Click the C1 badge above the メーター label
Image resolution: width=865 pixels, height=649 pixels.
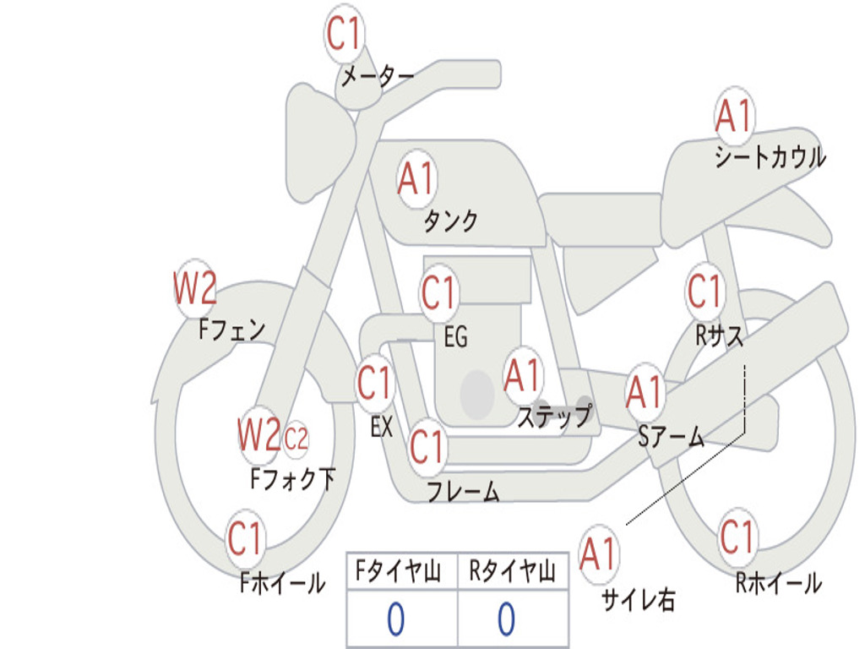[x=344, y=33]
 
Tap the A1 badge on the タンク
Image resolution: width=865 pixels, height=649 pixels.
[x=417, y=179]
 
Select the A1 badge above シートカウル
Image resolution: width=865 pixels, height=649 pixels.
[x=735, y=116]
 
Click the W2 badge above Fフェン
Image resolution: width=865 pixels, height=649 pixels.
[x=195, y=288]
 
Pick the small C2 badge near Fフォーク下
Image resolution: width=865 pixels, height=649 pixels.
[x=296, y=439]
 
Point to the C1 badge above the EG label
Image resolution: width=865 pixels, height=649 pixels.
[x=438, y=292]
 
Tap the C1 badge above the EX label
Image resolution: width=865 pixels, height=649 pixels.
[x=375, y=383]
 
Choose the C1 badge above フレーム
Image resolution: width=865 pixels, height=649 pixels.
[x=427, y=446]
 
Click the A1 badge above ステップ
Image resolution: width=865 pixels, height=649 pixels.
[x=522, y=375]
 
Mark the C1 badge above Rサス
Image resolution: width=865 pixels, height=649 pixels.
[x=705, y=291]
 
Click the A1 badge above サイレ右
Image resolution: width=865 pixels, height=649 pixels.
[x=599, y=554]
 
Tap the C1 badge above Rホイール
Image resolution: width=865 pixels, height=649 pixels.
[x=737, y=537]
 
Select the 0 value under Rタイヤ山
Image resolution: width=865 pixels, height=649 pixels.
[x=507, y=619]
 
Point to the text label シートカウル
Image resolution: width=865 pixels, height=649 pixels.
[x=770, y=156]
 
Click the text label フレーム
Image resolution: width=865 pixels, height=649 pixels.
[x=464, y=491]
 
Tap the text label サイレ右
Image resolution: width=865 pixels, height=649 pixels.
[x=639, y=599]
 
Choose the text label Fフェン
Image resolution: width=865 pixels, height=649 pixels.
[x=231, y=330]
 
